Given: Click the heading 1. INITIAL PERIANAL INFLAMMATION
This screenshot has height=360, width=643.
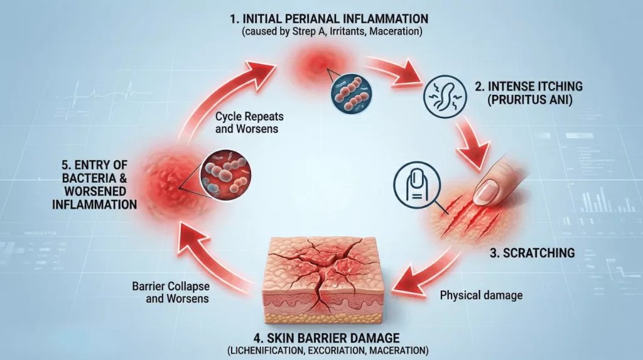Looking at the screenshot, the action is coord(329,18).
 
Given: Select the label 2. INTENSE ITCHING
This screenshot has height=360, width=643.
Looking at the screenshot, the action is coord(528,86).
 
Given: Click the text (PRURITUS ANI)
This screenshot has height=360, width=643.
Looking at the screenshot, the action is coord(529,100).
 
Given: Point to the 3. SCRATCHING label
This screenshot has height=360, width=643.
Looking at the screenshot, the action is coord(532,253).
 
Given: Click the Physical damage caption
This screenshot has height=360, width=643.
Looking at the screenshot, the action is coord(481,295).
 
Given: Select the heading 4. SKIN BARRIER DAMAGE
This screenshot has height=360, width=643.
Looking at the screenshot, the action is coord(327,338).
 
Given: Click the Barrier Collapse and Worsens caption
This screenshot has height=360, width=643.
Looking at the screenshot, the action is coord(171,292).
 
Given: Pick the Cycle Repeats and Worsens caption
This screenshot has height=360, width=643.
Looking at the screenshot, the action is coord(249,123).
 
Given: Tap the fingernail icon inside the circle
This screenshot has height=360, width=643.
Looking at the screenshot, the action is coord(417,183).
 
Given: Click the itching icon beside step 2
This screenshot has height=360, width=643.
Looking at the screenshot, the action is coord(445,97).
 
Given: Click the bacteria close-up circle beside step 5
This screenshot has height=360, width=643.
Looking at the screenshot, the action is coord(225,175).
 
